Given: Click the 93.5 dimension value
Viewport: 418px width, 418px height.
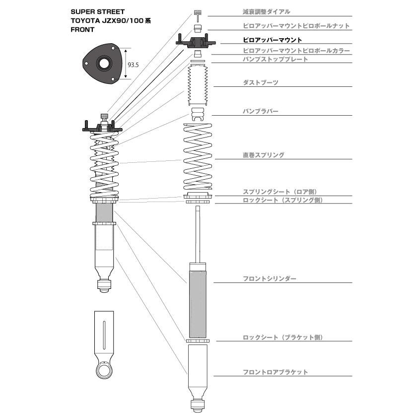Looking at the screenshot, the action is (133, 65).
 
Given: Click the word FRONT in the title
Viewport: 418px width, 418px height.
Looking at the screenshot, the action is (82, 30).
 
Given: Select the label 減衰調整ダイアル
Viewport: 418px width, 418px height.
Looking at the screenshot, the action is (266, 12).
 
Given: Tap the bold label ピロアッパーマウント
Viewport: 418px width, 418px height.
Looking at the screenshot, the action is (272, 40).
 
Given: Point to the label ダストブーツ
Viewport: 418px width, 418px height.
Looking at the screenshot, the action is (260, 82).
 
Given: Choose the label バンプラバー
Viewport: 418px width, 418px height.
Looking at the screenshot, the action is (260, 111).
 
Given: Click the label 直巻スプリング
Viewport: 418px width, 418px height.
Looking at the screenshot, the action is (263, 155).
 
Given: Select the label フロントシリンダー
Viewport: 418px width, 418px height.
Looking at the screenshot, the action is (269, 279).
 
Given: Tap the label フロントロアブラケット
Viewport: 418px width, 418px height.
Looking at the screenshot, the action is (275, 372).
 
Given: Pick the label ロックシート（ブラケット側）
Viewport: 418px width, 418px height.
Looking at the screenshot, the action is (283, 337).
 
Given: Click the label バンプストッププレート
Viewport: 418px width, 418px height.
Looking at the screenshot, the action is (275, 59).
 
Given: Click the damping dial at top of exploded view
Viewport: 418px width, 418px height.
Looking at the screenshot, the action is (198, 16).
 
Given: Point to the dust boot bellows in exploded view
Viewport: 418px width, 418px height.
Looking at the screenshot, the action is (198, 85).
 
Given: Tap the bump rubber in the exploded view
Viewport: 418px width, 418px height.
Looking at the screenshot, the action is (198, 114).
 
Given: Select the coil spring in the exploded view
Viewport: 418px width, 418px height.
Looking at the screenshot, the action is (198, 156).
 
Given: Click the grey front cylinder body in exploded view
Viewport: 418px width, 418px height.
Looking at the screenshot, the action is (198, 304).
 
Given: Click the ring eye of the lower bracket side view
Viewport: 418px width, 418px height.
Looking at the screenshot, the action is (104, 369).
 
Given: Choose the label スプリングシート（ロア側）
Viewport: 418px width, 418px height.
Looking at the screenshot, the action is (280, 192).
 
